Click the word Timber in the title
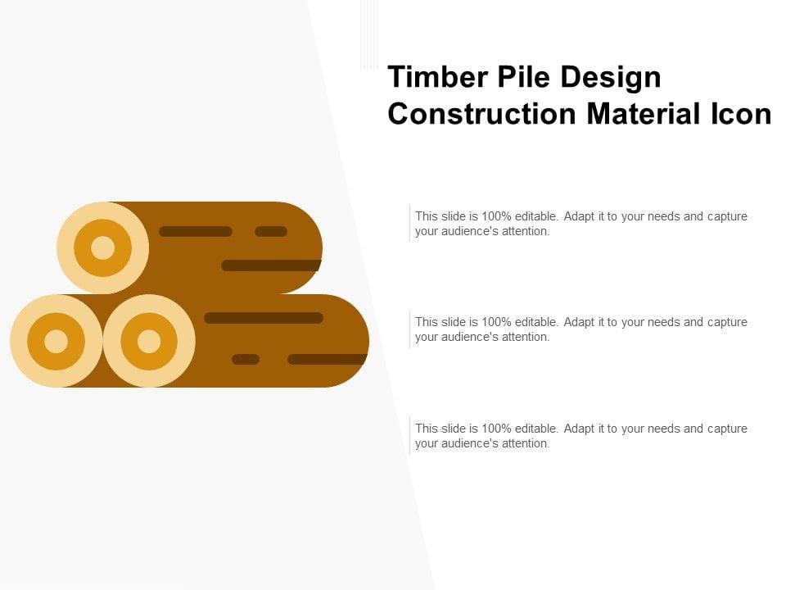tap(438, 77)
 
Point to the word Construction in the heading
tap(481, 114)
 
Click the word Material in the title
tap(644, 114)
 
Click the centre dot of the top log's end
tap(103, 247)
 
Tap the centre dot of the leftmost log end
tap(56, 341)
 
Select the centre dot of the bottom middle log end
tap(149, 341)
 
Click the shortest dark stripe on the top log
tap(271, 231)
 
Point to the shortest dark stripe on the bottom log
tap(246, 359)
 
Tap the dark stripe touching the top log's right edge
tap(271, 265)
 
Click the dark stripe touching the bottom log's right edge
tap(327, 359)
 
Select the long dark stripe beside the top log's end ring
tap(196, 231)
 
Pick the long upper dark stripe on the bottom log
tap(264, 318)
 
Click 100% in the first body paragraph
tap(496, 216)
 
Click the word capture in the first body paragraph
tap(727, 216)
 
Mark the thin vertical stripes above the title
tap(369, 34)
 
